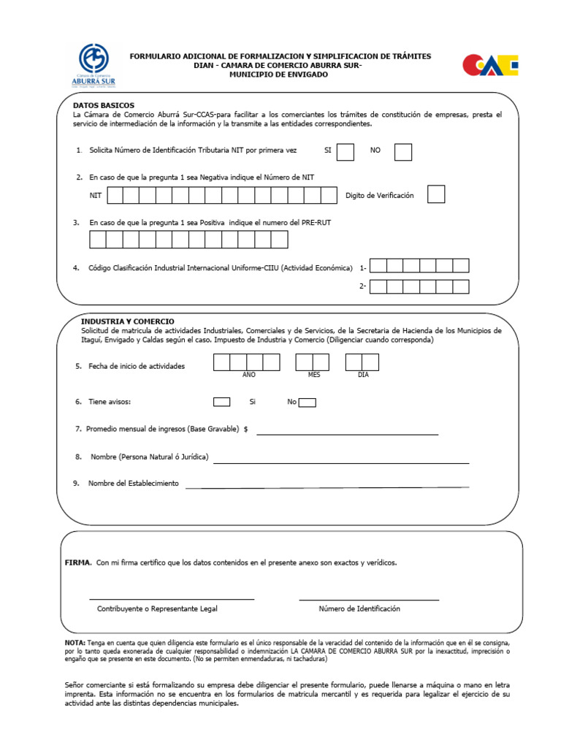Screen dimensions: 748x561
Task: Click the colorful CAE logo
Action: pyautogui.click(x=490, y=65)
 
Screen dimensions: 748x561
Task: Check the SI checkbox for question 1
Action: pyautogui.click(x=346, y=151)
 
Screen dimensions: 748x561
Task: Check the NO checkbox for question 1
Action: pyautogui.click(x=403, y=151)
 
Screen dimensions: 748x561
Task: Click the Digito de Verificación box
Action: pyautogui.click(x=436, y=195)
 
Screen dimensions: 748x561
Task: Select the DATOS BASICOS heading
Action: pyautogui.click(x=103, y=106)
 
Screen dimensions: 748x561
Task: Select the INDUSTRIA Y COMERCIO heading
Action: pyautogui.click(x=127, y=321)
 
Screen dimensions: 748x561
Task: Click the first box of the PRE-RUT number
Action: pyautogui.click(x=98, y=240)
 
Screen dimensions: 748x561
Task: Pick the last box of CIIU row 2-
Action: pyautogui.click(x=461, y=286)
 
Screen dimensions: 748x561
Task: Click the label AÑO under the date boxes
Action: pyautogui.click(x=248, y=375)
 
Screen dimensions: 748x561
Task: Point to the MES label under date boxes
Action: pyautogui.click(x=314, y=375)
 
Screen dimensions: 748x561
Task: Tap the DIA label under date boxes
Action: pyautogui.click(x=363, y=375)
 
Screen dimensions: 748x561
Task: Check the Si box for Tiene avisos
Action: pyautogui.click(x=221, y=402)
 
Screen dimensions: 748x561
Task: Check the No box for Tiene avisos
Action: pyautogui.click(x=308, y=402)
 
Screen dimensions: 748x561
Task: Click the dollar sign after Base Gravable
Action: pyautogui.click(x=246, y=430)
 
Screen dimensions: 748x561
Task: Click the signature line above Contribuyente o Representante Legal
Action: pyautogui.click(x=172, y=599)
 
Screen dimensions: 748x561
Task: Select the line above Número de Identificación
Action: pyautogui.click(x=369, y=600)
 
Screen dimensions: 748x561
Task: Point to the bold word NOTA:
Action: pyautogui.click(x=75, y=641)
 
